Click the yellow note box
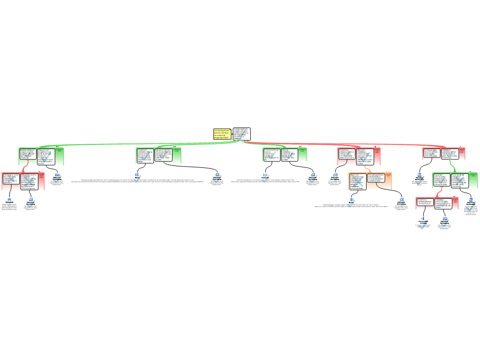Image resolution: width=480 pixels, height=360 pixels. (x=222, y=134)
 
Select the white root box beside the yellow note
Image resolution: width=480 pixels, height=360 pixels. (x=241, y=134)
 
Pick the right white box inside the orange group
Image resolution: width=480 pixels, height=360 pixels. (x=376, y=178)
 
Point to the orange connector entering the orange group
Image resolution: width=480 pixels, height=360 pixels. (x=366, y=168)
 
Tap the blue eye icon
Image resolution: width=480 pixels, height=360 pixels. (x=424, y=218)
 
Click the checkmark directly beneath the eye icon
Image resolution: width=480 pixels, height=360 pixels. (x=423, y=226)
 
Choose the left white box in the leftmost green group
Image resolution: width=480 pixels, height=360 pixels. (x=28, y=154)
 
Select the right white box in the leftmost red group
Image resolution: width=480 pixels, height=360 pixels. (x=29, y=181)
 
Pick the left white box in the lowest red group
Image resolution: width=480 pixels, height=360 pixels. (x=425, y=203)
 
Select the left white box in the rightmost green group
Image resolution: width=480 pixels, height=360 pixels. (x=441, y=180)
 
